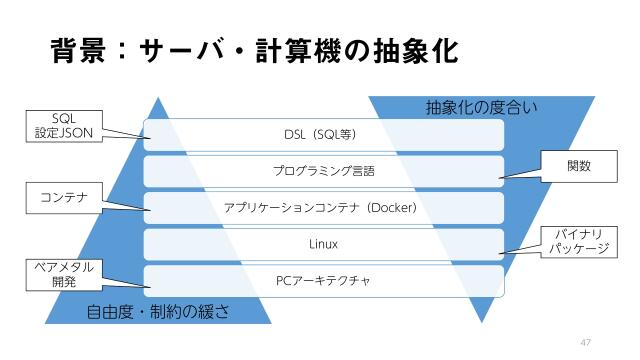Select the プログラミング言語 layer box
click(323, 171)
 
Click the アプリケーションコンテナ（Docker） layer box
click(323, 208)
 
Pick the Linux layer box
click(323, 244)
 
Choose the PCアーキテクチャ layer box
click(323, 280)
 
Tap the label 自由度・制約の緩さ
click(158, 311)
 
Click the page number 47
click(587, 342)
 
